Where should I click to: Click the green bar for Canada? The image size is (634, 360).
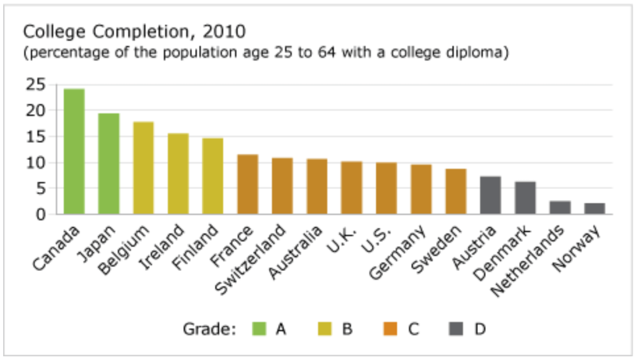tap(74, 152)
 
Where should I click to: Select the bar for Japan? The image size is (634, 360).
tap(109, 164)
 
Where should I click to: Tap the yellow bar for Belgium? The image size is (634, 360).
tap(144, 168)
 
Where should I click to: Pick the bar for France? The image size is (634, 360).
tap(248, 185)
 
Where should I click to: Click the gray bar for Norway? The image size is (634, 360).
tap(594, 209)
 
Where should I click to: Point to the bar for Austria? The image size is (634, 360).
tap(490, 196)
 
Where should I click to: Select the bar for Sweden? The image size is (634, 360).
tap(456, 191)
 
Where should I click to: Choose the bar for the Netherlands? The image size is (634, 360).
tap(560, 208)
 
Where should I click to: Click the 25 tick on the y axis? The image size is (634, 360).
tap(37, 85)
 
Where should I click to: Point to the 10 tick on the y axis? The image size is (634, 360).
tap(37, 163)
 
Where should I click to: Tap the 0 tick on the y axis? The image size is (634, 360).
tap(41, 214)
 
